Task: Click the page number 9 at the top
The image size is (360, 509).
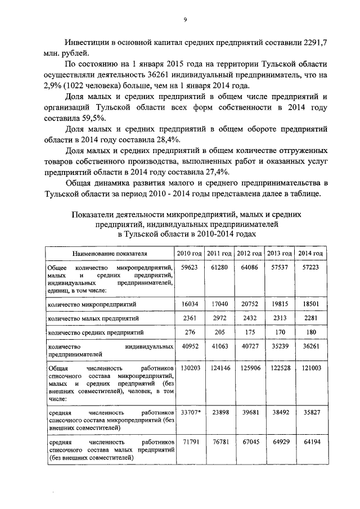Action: coord(185,20)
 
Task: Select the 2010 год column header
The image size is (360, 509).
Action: coord(189,253)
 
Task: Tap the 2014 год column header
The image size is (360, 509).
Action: coord(310,253)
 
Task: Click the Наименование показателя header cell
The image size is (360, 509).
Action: coord(109,253)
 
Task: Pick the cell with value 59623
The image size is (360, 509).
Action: coord(190,267)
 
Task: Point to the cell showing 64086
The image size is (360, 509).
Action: coord(249,267)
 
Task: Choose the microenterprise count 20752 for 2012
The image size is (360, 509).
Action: coord(249,304)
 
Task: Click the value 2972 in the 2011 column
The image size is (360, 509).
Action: coord(219,318)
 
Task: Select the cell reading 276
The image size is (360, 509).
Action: coord(190,332)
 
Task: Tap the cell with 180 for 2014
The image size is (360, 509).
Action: coord(310,332)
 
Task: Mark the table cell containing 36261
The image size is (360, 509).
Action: coord(310,346)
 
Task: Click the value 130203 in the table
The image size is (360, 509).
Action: coord(190,367)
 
